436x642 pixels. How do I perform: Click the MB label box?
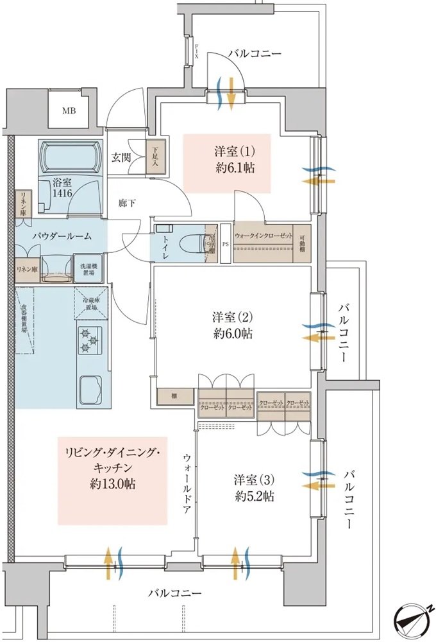click(68, 110)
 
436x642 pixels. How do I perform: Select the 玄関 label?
click(121, 157)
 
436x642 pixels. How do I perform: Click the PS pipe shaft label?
click(226, 244)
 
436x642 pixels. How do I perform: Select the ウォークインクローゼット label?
click(263, 236)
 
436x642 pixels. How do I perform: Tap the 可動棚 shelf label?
click(303, 243)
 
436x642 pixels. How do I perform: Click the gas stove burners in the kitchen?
click(88, 340)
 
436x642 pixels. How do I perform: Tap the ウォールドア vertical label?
click(187, 479)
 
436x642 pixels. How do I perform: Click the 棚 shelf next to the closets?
click(174, 396)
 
